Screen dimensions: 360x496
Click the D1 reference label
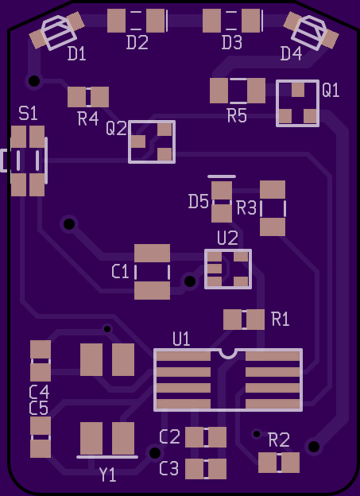point(77,54)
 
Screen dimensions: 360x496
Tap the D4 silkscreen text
point(291,53)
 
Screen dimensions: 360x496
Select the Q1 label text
point(331,90)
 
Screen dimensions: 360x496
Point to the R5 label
point(237,116)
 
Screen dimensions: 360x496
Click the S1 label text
point(28,113)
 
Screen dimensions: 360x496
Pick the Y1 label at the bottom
point(107,475)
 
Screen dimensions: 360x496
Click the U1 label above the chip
point(181,339)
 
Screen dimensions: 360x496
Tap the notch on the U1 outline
point(228,354)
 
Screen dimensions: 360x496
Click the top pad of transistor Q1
point(298,90)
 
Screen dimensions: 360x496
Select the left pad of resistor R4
point(76,97)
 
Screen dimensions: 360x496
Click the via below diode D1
point(34,81)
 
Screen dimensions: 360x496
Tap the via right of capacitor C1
point(190,281)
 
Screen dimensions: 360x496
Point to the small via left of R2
point(257,434)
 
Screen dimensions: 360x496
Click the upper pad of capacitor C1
point(152,253)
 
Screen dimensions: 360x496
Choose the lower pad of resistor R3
point(273,227)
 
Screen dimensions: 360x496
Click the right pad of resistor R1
point(255,320)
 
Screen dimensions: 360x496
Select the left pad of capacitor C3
point(194,469)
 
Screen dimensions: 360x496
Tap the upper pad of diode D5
point(222,191)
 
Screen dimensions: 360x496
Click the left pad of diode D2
point(116,21)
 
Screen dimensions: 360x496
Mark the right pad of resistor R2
point(290,463)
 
